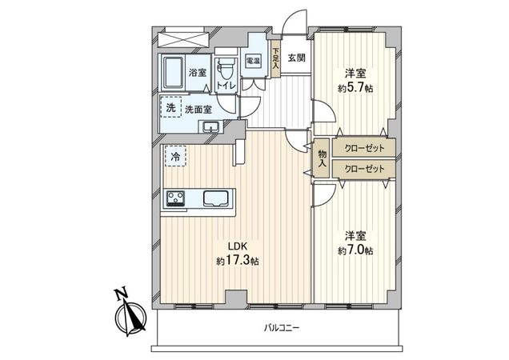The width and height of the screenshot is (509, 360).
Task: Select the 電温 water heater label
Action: click(x=251, y=61)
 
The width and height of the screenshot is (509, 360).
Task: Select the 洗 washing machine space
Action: click(x=170, y=107)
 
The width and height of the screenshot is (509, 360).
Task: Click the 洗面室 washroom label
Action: click(x=198, y=109)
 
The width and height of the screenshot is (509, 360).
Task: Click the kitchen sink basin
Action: click(x=217, y=198)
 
